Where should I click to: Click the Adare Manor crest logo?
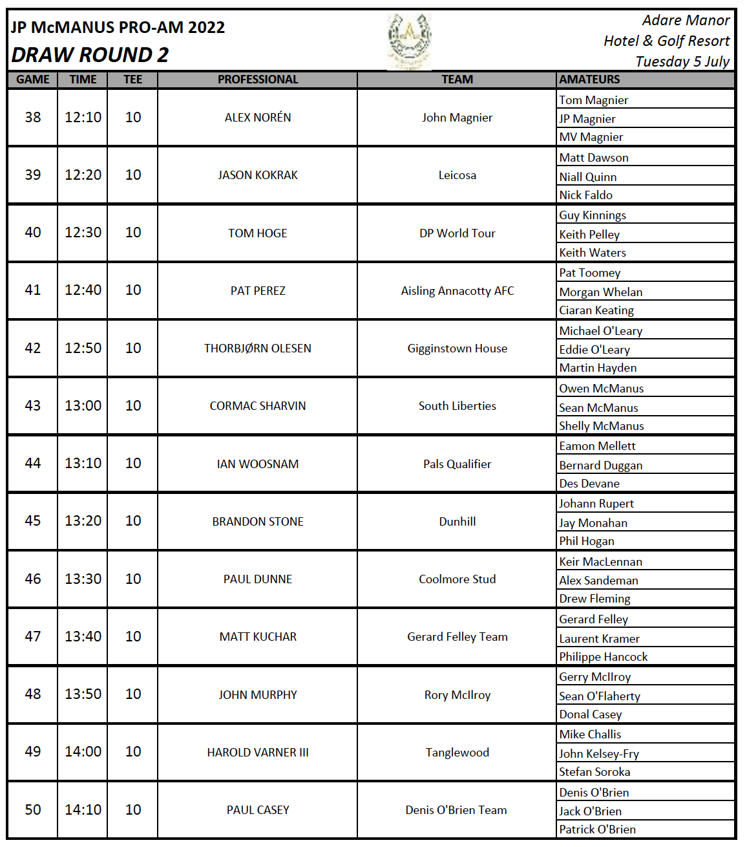tap(409, 40)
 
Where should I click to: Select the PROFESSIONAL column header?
tap(257, 80)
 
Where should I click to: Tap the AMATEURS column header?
tap(589, 80)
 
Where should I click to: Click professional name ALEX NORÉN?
tap(257, 118)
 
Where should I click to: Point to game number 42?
tap(33, 348)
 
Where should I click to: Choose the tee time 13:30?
tap(83, 579)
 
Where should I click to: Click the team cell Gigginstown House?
tap(457, 348)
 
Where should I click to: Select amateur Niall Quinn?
tap(587, 177)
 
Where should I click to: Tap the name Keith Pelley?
tap(589, 234)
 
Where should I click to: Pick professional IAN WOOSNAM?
tap(257, 464)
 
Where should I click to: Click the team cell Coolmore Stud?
tap(457, 579)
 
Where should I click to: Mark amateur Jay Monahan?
tap(593, 522)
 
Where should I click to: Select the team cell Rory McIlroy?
tap(457, 695)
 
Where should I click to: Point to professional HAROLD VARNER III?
tap(257, 753)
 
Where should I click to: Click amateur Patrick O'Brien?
tap(597, 829)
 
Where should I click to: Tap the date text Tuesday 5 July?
tap(682, 61)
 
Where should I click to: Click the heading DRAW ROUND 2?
tap(90, 55)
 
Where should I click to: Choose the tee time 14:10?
tap(83, 809)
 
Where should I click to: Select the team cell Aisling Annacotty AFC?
tap(457, 291)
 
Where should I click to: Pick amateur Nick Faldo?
tap(585, 195)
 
